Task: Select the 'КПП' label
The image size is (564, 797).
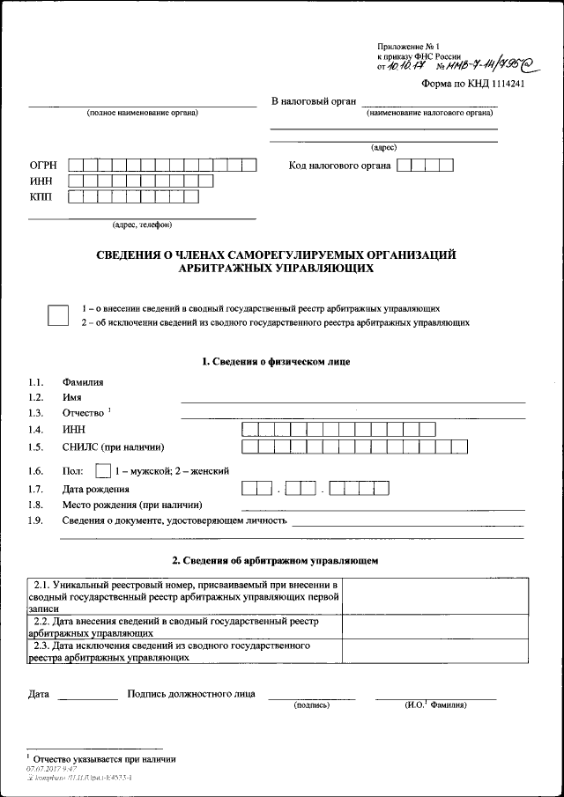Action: point(41,197)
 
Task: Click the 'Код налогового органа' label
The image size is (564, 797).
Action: point(339,165)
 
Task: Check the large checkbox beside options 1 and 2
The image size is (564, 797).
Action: point(58,315)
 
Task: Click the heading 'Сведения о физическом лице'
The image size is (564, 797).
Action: point(276,362)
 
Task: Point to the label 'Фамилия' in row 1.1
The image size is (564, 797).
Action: point(83,382)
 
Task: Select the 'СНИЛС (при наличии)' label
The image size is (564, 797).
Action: point(114,446)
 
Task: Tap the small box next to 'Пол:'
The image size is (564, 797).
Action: point(103,470)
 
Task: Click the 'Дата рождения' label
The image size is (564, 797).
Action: point(95,489)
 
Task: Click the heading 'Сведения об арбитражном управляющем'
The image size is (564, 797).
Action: point(276,560)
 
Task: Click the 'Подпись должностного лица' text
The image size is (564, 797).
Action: point(191,694)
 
